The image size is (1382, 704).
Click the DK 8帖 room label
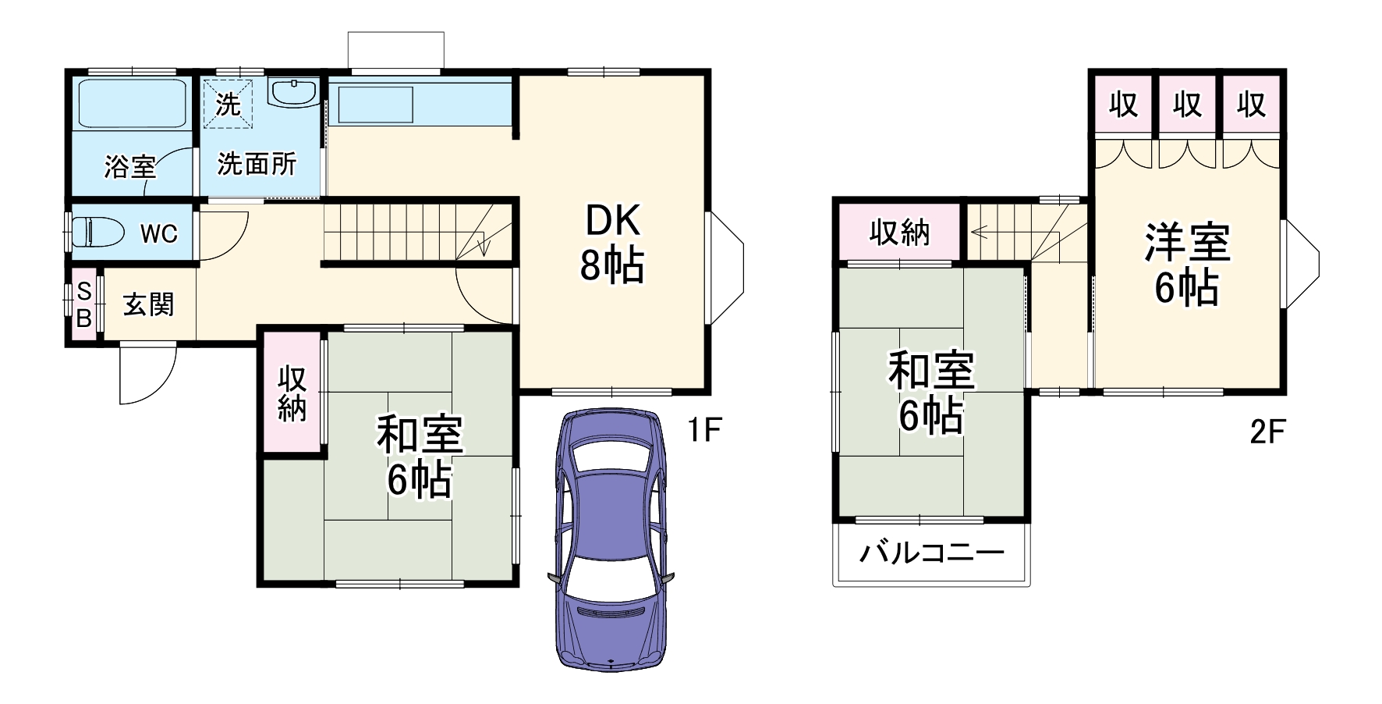click(612, 244)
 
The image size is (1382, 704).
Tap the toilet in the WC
click(98, 232)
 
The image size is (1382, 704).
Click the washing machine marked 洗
click(228, 102)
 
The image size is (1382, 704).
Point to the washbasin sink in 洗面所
click(293, 92)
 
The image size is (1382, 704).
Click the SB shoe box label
click(83, 304)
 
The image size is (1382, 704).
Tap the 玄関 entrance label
click(148, 304)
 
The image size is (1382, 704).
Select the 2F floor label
click(1267, 431)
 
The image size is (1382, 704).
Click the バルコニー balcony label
click(931, 553)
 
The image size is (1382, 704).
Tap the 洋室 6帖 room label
click(1186, 264)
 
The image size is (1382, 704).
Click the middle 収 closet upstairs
click(1187, 104)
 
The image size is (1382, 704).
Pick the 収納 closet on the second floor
click(900, 232)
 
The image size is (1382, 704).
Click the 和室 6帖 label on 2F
click(931, 393)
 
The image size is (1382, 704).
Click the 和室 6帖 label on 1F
click(420, 457)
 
